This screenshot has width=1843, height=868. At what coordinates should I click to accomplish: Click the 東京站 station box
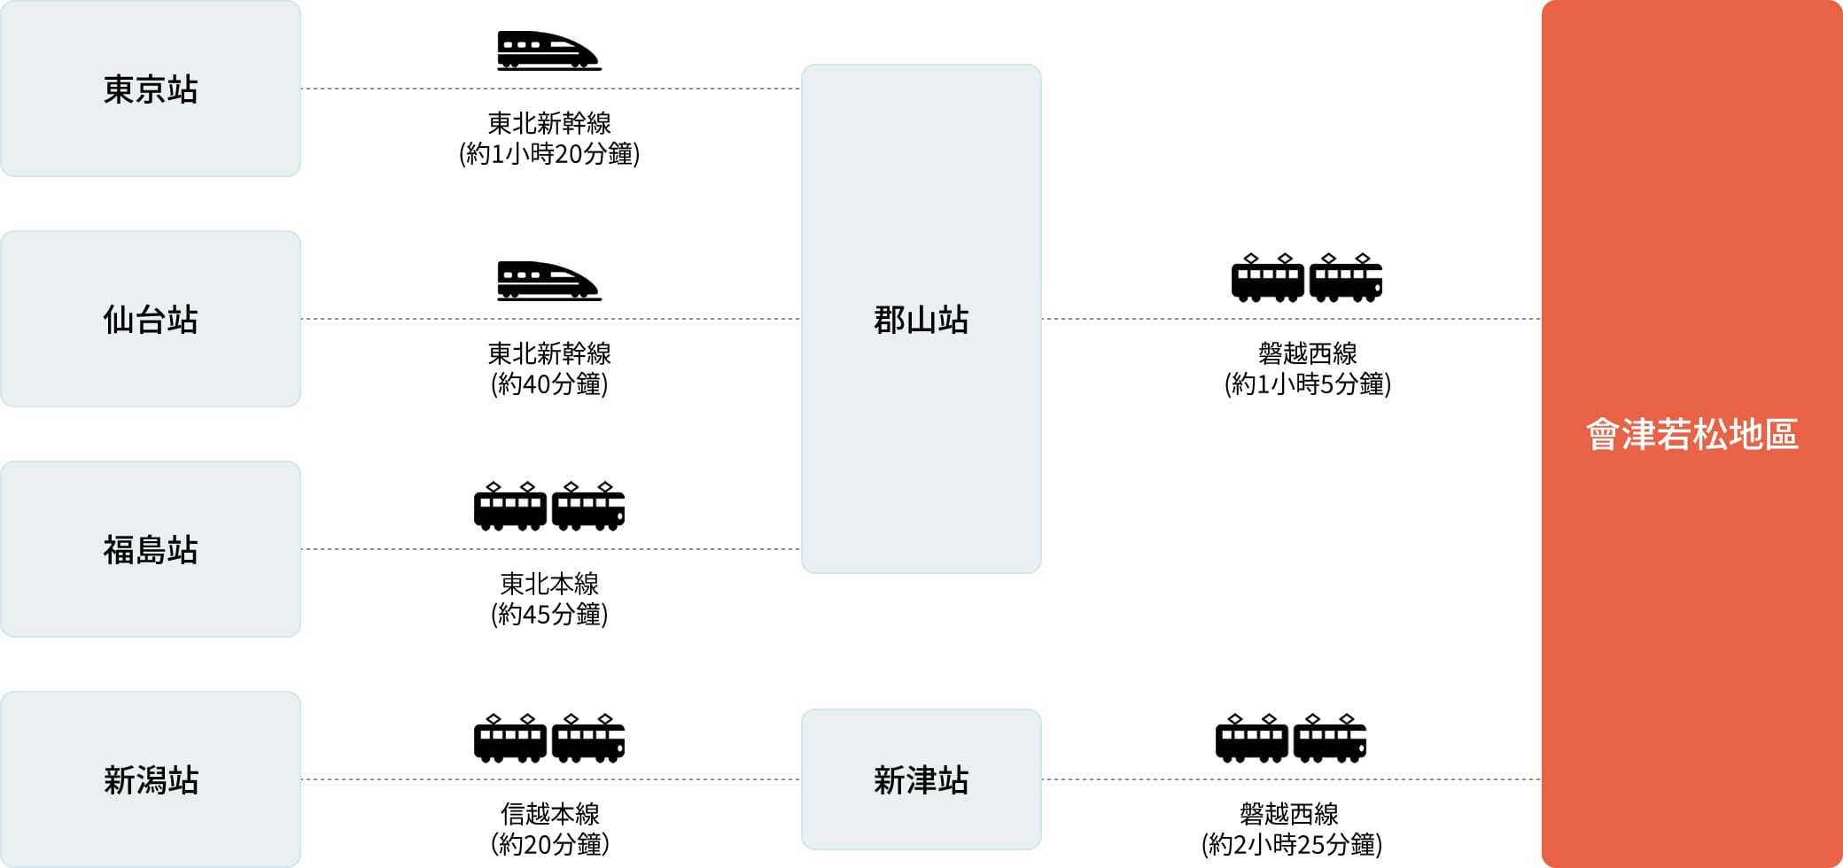coord(151,89)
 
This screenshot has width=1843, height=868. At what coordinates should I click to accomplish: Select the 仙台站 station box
coord(151,319)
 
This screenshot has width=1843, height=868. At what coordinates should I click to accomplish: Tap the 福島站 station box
coord(151,549)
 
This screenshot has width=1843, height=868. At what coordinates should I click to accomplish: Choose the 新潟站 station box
coord(151,779)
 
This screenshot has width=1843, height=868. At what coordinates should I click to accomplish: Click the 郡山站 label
coord(921,320)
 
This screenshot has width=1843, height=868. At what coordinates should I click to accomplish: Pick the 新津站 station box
coord(921,779)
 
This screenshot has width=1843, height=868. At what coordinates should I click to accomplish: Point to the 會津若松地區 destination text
coord(1691,435)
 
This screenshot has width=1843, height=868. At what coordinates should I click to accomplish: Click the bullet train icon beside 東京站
coord(548,50)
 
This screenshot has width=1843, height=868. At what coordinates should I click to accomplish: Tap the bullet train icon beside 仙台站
coord(548,281)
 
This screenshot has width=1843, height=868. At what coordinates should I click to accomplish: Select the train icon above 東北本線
coord(549,507)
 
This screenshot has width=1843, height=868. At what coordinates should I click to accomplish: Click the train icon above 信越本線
coord(549,738)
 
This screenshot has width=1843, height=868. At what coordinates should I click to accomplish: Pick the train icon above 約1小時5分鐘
coord(1307,278)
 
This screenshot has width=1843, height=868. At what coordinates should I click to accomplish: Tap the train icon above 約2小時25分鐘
coord(1290,738)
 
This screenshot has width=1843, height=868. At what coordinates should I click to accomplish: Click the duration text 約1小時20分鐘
coord(549,154)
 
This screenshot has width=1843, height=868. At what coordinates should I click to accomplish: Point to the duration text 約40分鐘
coord(549,384)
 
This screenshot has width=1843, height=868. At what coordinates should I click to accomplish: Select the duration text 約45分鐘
coord(549,615)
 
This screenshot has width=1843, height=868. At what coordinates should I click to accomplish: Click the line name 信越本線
coord(549,813)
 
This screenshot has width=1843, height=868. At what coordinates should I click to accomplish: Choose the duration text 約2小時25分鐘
coord(1291,845)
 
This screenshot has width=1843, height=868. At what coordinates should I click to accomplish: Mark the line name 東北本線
coord(549,583)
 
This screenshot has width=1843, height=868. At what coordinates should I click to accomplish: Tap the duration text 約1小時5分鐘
coord(1307,384)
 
